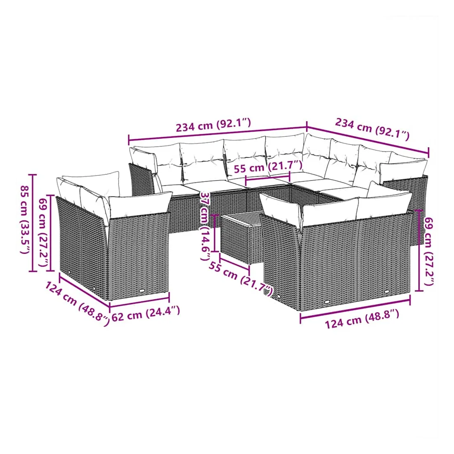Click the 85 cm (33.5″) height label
pyautogui.click(x=25, y=220)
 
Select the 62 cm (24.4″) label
pyautogui.click(x=146, y=314)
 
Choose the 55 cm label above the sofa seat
pyautogui.click(x=268, y=167)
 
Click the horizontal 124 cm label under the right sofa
pyautogui.click(x=362, y=319)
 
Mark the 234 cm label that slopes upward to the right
pyautogui.click(x=213, y=125)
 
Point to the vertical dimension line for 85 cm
pyautogui.click(x=33, y=223)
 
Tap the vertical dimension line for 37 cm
pyautogui.click(x=215, y=233)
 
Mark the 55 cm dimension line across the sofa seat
pyautogui.click(x=267, y=178)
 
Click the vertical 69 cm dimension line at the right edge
pyautogui.click(x=419, y=250)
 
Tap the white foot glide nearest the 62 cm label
pyautogui.click(x=142, y=291)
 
